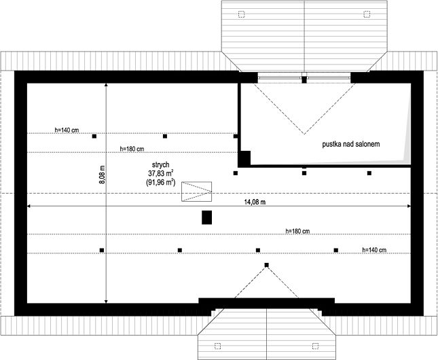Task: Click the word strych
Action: (160, 165)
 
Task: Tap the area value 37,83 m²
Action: (160, 173)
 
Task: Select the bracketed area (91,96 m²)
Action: (160, 183)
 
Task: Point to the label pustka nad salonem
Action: (351, 144)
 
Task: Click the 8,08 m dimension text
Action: (102, 175)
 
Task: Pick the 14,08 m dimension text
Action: (255, 202)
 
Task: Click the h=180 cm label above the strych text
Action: (132, 149)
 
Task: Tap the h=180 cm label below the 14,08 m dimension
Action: (298, 231)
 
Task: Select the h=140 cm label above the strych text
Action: (67, 130)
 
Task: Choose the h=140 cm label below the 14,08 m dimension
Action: (374, 250)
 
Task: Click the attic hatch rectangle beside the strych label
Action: (197, 192)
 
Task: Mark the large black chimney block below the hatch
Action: (206, 217)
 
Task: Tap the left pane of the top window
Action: (280, 78)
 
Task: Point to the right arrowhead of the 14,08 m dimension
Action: (409, 206)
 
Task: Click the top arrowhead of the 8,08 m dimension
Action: (106, 85)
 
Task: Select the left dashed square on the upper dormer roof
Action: (241, 14)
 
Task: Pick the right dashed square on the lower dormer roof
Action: (315, 346)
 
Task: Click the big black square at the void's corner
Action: (244, 158)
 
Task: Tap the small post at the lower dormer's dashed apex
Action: (267, 265)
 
